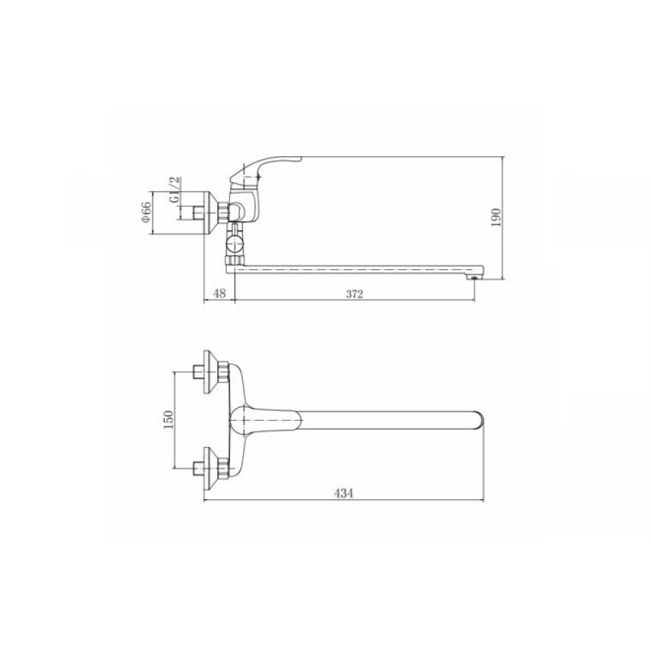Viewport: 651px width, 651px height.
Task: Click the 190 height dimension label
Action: point(496,217)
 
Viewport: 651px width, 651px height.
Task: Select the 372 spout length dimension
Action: point(354,294)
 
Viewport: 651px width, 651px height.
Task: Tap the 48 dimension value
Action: point(219,293)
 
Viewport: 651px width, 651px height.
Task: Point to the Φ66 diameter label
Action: point(146,212)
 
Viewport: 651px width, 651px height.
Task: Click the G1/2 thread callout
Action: point(175,190)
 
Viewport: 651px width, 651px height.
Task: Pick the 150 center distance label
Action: point(168,420)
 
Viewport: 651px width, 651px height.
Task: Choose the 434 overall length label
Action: point(344,493)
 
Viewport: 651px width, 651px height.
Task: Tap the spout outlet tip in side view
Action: point(475,277)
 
